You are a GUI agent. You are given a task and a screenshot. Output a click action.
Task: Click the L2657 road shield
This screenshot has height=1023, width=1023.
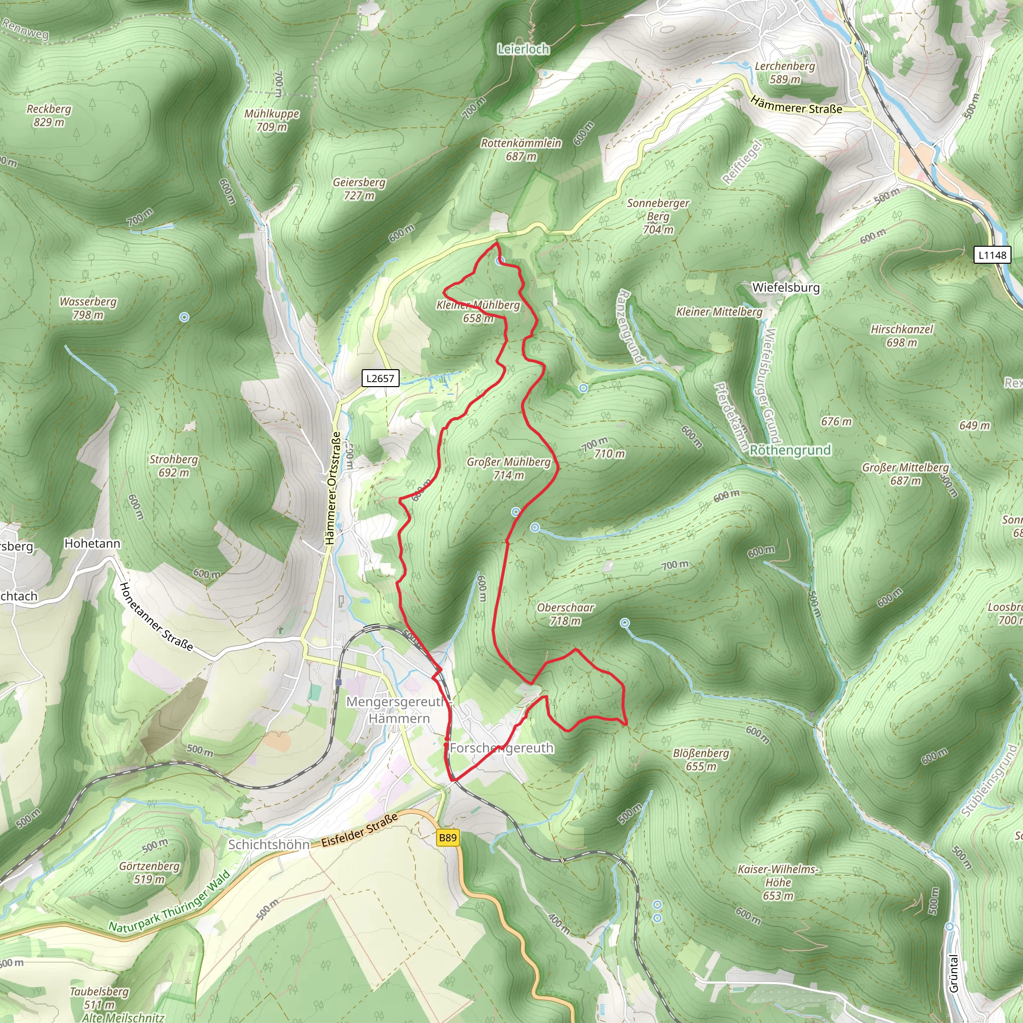point(380,378)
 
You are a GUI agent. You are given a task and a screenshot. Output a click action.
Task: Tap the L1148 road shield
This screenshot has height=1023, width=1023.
point(992,255)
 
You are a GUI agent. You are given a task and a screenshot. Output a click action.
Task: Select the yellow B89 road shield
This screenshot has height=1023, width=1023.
point(448,837)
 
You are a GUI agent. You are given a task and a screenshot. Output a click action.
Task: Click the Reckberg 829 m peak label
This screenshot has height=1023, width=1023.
point(49,115)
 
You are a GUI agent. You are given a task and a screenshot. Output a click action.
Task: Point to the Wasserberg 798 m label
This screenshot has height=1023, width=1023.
point(88,308)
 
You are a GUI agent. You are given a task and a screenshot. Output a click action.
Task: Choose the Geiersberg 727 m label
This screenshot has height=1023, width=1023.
point(359,189)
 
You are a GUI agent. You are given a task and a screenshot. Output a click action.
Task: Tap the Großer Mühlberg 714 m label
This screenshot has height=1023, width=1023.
point(509,469)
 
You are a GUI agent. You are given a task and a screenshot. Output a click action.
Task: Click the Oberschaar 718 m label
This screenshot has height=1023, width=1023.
point(565,614)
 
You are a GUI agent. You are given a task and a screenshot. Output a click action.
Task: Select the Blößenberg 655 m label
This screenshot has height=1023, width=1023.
point(700,760)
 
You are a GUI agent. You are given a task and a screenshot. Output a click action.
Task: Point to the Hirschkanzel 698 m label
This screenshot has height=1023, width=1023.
point(901,336)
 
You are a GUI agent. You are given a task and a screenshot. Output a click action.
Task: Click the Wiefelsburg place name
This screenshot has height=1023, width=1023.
point(786,288)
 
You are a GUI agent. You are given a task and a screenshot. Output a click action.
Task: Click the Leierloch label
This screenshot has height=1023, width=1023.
point(523,49)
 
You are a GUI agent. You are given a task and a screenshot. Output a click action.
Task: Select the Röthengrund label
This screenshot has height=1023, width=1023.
point(790,450)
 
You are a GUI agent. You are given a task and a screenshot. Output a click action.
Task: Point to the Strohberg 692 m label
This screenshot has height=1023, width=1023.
point(173,466)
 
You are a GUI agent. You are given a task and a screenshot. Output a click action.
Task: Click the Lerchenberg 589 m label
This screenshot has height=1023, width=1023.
point(785,72)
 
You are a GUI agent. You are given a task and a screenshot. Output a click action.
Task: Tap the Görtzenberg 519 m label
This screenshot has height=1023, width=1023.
point(149,873)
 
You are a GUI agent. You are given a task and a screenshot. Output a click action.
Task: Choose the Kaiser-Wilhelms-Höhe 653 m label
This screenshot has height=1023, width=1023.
point(778,882)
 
